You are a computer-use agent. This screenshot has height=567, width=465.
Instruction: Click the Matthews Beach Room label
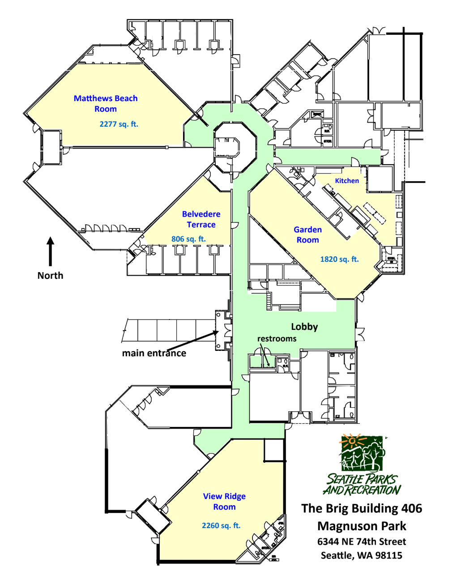click(x=106, y=103)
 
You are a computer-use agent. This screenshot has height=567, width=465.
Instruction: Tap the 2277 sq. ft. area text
click(x=119, y=124)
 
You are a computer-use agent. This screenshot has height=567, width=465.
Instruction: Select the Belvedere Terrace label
click(x=201, y=219)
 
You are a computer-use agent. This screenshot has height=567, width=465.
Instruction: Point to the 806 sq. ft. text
click(x=188, y=239)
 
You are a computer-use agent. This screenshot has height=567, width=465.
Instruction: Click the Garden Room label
click(x=307, y=234)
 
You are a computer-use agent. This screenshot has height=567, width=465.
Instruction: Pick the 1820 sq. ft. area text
click(x=339, y=259)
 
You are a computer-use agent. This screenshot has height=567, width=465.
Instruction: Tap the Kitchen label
click(x=347, y=181)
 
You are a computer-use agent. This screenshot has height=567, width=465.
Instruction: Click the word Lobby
click(x=304, y=327)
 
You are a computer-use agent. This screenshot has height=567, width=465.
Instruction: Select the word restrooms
click(x=277, y=338)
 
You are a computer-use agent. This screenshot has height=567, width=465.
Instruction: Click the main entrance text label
click(x=154, y=353)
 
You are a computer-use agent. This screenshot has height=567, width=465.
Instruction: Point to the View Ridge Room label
click(x=224, y=501)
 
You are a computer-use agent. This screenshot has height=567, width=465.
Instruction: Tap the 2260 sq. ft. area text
click(x=221, y=525)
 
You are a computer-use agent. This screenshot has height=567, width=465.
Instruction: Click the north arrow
click(x=50, y=252)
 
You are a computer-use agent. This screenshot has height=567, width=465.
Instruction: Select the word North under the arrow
click(x=50, y=276)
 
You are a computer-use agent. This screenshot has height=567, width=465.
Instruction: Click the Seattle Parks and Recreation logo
click(x=362, y=465)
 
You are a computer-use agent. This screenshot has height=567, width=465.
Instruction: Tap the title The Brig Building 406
click(x=362, y=508)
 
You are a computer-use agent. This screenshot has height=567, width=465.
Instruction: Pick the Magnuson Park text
click(x=362, y=526)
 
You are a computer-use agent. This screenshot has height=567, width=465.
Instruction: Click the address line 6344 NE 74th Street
click(x=362, y=541)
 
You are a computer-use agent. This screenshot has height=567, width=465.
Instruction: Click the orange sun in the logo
click(x=352, y=441)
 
